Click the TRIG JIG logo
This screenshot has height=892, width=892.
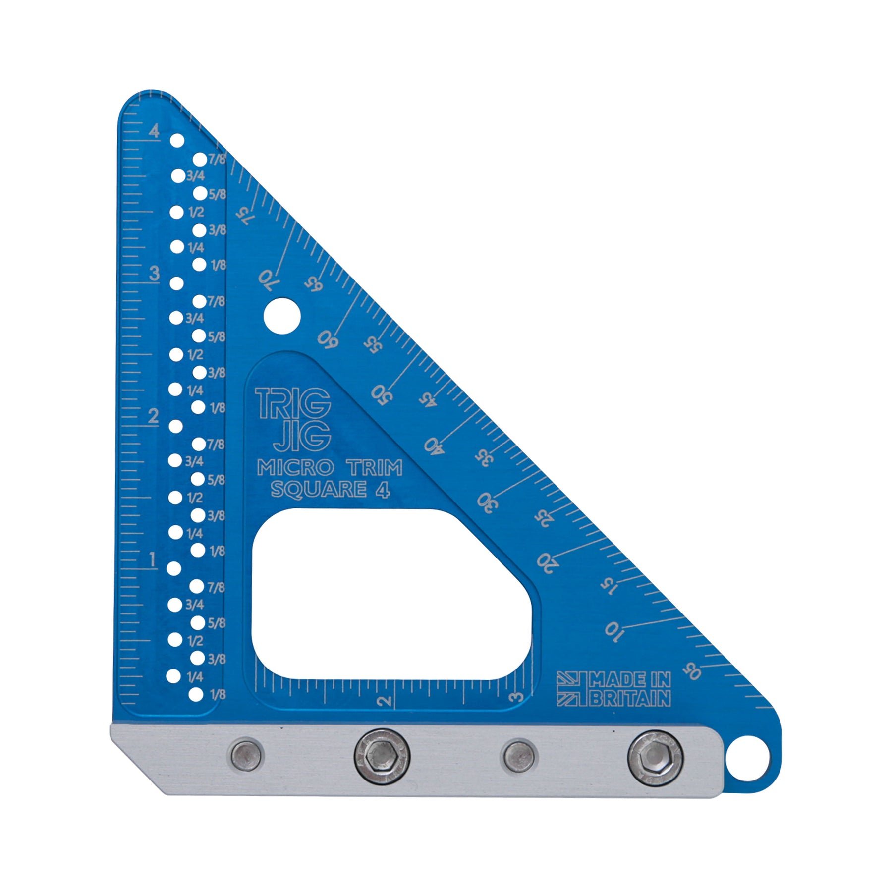pos(293,419)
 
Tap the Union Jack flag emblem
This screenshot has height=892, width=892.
pos(571,688)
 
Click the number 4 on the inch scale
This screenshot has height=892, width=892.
pos(155,131)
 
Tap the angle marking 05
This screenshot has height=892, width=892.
pos(692,671)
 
